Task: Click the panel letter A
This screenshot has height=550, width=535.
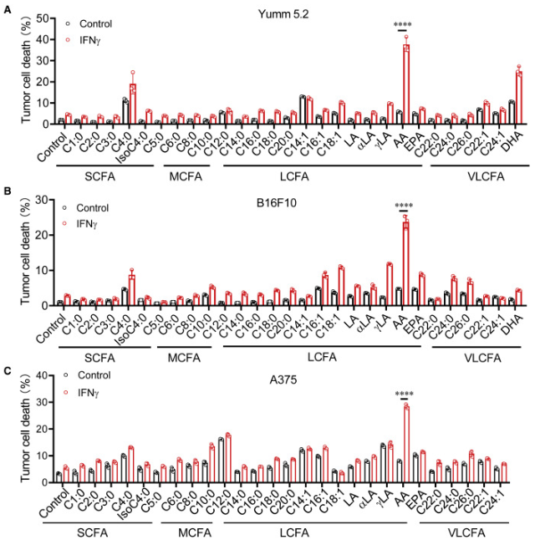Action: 6,8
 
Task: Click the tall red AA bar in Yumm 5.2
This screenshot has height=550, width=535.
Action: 407,84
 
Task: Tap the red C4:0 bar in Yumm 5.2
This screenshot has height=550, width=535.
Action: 132,103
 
